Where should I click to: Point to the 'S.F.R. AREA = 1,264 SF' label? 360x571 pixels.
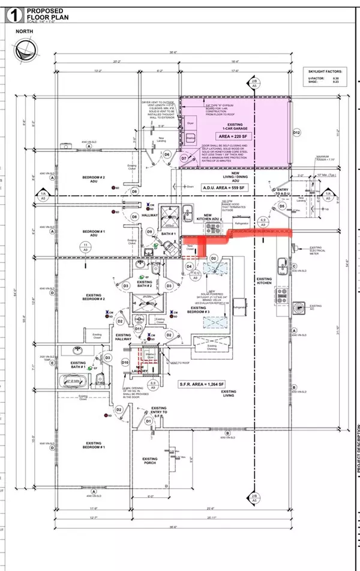(x=215, y=383)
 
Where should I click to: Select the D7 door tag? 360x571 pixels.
(x=185, y=158)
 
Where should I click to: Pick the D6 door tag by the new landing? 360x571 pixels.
(x=167, y=155)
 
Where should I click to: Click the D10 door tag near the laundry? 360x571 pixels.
(x=125, y=363)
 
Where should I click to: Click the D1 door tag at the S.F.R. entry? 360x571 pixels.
(x=148, y=421)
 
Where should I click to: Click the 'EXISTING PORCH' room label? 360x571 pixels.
(x=150, y=462)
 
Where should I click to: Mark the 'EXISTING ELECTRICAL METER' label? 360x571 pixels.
(x=317, y=250)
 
